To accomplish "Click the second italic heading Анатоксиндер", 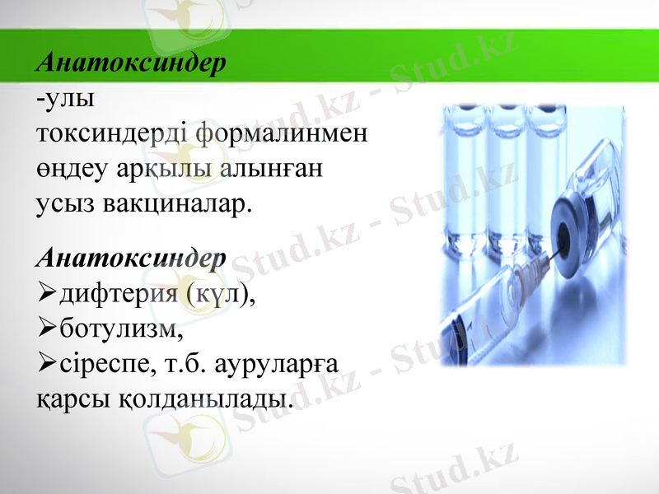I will [x=132, y=258].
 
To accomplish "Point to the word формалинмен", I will [x=306, y=133].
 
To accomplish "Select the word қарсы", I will [x=68, y=400].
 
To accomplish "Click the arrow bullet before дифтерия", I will [x=46, y=294].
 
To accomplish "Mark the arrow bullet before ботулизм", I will [x=46, y=329].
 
